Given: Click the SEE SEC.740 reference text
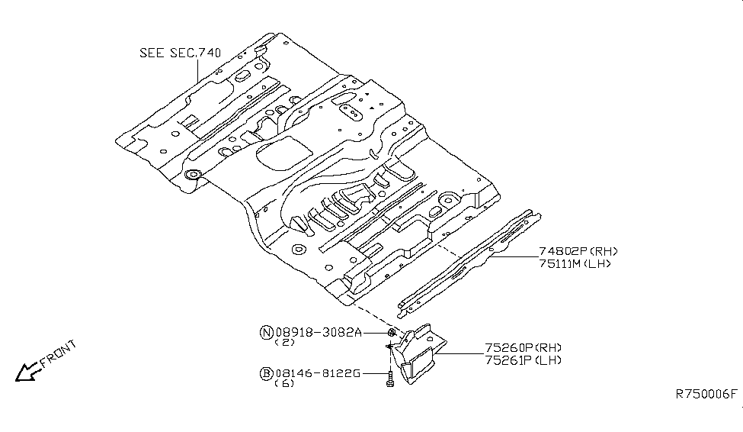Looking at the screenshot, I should click(x=180, y=53).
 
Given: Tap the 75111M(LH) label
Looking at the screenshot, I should click(x=575, y=264).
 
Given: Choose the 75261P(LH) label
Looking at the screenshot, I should click(x=522, y=360).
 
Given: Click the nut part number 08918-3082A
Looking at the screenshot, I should click(x=318, y=332).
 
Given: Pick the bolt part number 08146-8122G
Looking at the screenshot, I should click(x=318, y=373).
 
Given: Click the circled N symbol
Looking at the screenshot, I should click(x=266, y=332).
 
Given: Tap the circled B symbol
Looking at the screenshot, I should click(x=266, y=373).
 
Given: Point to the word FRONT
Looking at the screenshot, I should click(x=58, y=356).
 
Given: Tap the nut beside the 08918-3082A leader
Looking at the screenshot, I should click(x=391, y=333).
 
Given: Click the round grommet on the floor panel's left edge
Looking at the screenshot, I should click(x=193, y=177).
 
